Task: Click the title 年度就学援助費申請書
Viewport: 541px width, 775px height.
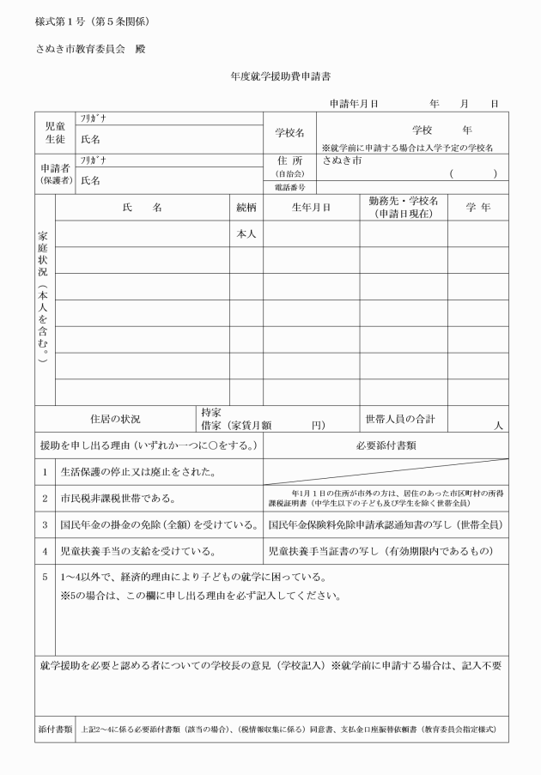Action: pos(270,76)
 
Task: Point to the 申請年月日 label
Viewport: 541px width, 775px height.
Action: pos(354,104)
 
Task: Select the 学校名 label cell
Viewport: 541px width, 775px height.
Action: pos(289,133)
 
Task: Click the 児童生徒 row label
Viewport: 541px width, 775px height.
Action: pos(55,132)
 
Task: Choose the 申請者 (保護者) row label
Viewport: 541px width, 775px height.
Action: pos(55,174)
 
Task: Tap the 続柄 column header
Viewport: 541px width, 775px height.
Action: pos(246,208)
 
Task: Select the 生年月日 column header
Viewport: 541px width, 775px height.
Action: pos(311,208)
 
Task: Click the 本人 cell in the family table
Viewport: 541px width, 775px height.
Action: pos(246,233)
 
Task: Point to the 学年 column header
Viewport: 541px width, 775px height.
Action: pos(477,208)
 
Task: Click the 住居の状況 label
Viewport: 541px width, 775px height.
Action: pos(115,420)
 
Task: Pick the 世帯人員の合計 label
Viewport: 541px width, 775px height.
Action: pos(400,419)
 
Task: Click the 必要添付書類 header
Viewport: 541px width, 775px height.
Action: pos(386,445)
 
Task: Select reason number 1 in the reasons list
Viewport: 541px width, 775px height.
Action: pos(45,472)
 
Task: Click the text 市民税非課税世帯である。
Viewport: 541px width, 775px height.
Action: pos(118,498)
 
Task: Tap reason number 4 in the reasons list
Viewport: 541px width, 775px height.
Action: pos(45,550)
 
